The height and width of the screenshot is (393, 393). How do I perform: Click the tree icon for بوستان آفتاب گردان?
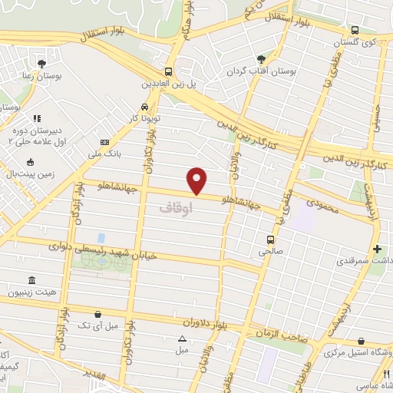261,58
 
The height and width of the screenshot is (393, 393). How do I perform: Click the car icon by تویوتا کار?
145,107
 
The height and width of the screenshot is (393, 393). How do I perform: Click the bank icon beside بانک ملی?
105,142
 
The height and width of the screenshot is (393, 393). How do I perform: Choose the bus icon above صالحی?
269,239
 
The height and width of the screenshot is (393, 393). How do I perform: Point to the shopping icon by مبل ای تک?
98,313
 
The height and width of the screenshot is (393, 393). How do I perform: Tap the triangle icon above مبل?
182,339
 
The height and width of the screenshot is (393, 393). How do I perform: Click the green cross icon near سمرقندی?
377,249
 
